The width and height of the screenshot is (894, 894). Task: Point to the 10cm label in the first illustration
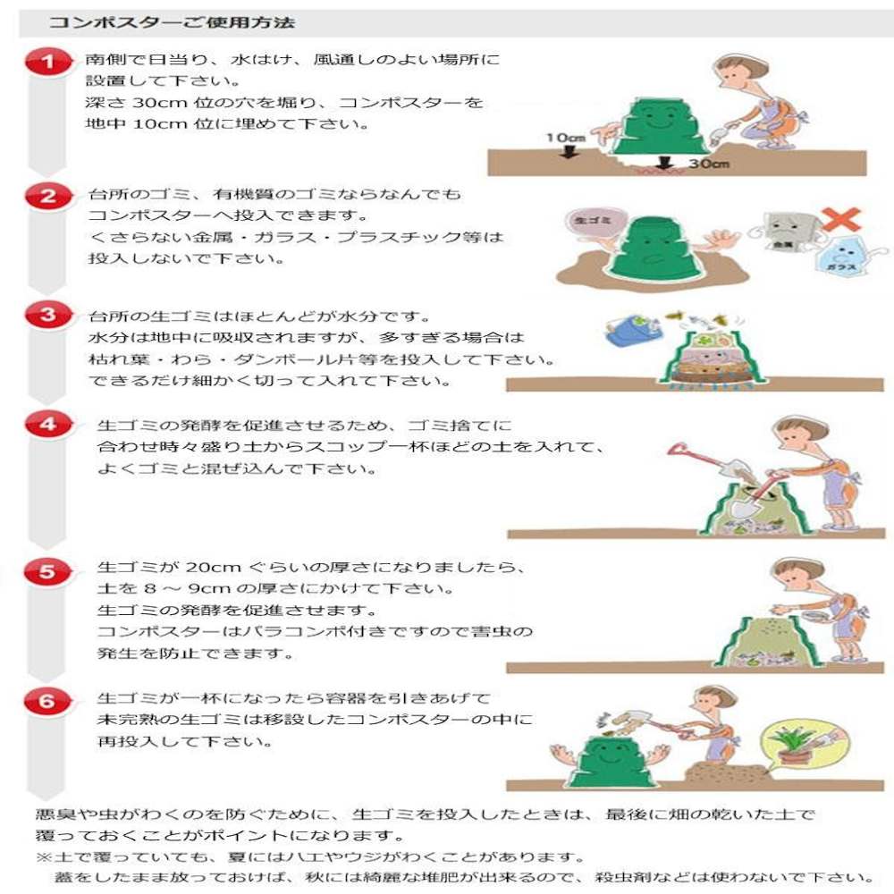click(x=566, y=139)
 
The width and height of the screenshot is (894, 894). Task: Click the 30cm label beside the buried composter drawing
click(x=708, y=164)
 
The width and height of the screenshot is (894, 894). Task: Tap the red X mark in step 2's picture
click(x=839, y=220)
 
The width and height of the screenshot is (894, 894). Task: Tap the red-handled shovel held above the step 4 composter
click(x=706, y=460)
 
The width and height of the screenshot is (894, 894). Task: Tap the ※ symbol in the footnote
click(x=42, y=856)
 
